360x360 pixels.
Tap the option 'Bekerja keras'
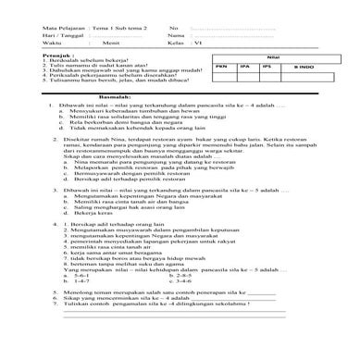pyautogui.click(x=106, y=241)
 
